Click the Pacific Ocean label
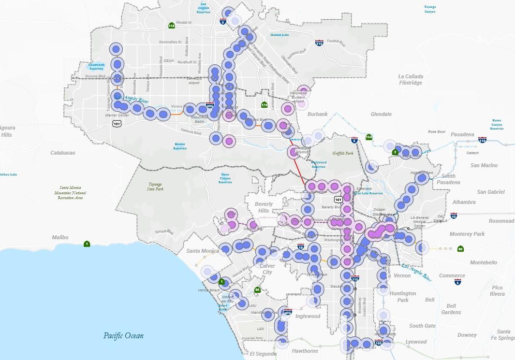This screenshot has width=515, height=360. point(123,335)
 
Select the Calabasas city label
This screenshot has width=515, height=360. point(63,153)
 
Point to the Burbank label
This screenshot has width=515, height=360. point(317,114)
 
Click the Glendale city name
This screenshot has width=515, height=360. point(381,114)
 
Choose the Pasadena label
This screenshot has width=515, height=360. point(462,134)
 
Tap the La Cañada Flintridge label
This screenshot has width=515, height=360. point(411,80)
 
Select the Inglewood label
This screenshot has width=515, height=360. point(308,317)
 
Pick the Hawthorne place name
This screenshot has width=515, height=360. point(305,351)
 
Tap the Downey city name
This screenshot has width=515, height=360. point(467,335)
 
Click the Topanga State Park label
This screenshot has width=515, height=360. point(155,187)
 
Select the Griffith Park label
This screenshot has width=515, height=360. point(343,153)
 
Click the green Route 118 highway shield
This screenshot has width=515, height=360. point(171,26)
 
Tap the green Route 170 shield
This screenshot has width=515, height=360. point(264,105)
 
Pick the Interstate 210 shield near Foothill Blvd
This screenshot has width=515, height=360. point(319,43)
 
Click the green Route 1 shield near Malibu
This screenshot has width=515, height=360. point(87,243)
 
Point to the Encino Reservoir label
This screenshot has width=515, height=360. point(180,146)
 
